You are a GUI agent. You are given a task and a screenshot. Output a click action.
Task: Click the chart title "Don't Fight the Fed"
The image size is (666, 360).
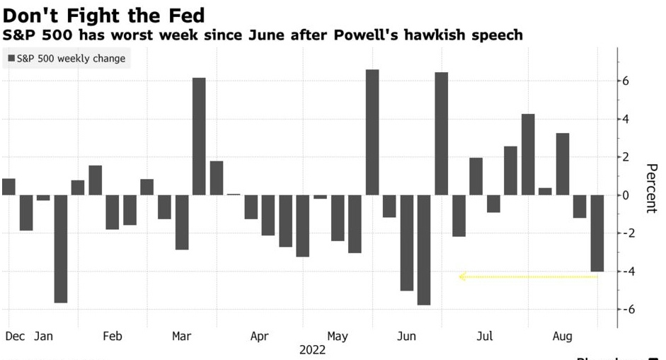(103, 14)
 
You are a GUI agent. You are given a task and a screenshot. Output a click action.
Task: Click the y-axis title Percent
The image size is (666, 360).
(652, 188)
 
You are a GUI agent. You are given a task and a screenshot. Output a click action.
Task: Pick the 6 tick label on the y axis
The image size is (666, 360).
(626, 81)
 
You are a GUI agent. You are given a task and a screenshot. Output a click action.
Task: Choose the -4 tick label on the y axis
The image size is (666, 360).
(624, 272)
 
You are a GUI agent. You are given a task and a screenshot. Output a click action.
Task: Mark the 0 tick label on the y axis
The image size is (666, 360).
(626, 195)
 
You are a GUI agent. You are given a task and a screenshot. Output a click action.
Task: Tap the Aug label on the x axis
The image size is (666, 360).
(563, 336)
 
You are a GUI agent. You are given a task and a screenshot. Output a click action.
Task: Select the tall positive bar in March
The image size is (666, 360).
(199, 136)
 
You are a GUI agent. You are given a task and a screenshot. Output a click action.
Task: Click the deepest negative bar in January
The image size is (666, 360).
(60, 248)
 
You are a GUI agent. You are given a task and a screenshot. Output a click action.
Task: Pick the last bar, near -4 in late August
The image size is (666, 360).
(597, 233)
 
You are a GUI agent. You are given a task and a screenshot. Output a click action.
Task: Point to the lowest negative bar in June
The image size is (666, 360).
(423, 250)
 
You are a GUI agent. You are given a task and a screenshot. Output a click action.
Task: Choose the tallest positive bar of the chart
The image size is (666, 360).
(372, 132)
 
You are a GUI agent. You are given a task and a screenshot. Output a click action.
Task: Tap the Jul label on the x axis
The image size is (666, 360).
(486, 336)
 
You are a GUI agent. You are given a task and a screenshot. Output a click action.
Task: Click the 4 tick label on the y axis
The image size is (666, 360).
(626, 119)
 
